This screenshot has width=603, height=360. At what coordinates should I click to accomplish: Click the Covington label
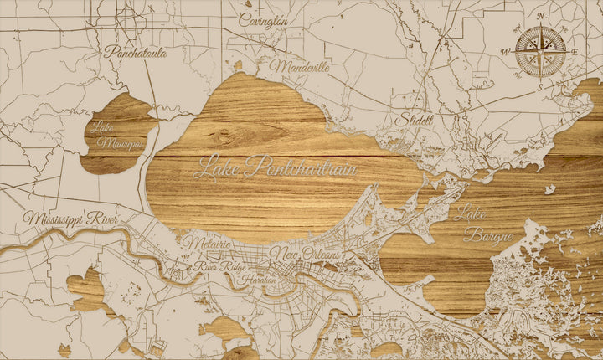coord(264,20)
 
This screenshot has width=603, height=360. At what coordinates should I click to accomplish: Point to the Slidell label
coord(416,119)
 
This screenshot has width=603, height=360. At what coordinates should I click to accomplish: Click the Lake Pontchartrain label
coord(276,167)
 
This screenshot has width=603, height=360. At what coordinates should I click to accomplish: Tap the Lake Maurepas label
coord(117,136)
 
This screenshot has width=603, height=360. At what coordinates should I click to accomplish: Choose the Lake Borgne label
coord(481,221)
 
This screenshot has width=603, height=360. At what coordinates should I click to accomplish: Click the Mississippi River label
coord(72,219)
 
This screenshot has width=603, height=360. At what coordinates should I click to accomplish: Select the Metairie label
coord(206,243)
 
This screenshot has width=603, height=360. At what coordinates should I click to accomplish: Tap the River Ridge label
coord(219,266)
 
